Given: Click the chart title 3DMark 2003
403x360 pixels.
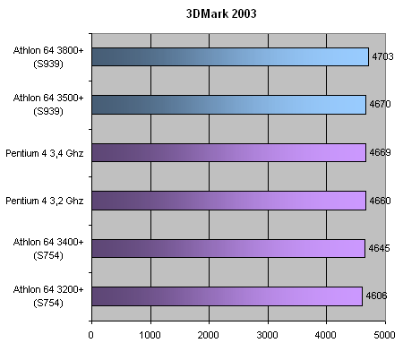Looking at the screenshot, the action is pyautogui.click(x=221, y=13).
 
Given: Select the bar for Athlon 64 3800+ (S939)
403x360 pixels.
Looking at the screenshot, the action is pyautogui.click(x=230, y=56).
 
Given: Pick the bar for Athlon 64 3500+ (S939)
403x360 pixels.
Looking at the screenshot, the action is pyautogui.click(x=229, y=105).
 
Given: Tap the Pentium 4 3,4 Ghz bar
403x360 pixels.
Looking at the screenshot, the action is pyautogui.click(x=229, y=152).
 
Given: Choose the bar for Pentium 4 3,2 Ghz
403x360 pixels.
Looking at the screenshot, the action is pyautogui.click(x=229, y=201).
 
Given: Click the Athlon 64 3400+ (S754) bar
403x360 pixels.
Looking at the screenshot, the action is pyautogui.click(x=228, y=248).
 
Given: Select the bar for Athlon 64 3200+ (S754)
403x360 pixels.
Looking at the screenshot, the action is pyautogui.click(x=227, y=296).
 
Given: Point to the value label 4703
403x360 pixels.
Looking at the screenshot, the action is pyautogui.click(x=382, y=56).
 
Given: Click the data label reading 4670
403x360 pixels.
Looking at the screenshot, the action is pyautogui.click(x=380, y=104).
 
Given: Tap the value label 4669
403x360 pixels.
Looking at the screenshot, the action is pyautogui.click(x=380, y=152).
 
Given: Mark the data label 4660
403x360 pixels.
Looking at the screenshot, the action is pyautogui.click(x=380, y=201).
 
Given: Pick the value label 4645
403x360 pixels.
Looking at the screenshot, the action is pyautogui.click(x=379, y=248).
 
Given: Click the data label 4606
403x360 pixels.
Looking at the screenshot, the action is pyautogui.click(x=376, y=296).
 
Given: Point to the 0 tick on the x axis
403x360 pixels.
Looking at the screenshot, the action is pyautogui.click(x=90, y=335).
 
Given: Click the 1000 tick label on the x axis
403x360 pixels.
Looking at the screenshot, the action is pyautogui.click(x=150, y=335).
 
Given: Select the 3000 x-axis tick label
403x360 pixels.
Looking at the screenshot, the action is pyautogui.click(x=267, y=335).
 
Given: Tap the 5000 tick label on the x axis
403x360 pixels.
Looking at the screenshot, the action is pyautogui.click(x=384, y=335).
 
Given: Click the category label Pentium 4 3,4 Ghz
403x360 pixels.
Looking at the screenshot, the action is pyautogui.click(x=45, y=153).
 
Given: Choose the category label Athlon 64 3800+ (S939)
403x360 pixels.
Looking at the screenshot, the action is pyautogui.click(x=48, y=57).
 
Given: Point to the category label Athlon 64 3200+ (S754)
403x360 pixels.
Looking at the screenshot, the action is pyautogui.click(x=48, y=296).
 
